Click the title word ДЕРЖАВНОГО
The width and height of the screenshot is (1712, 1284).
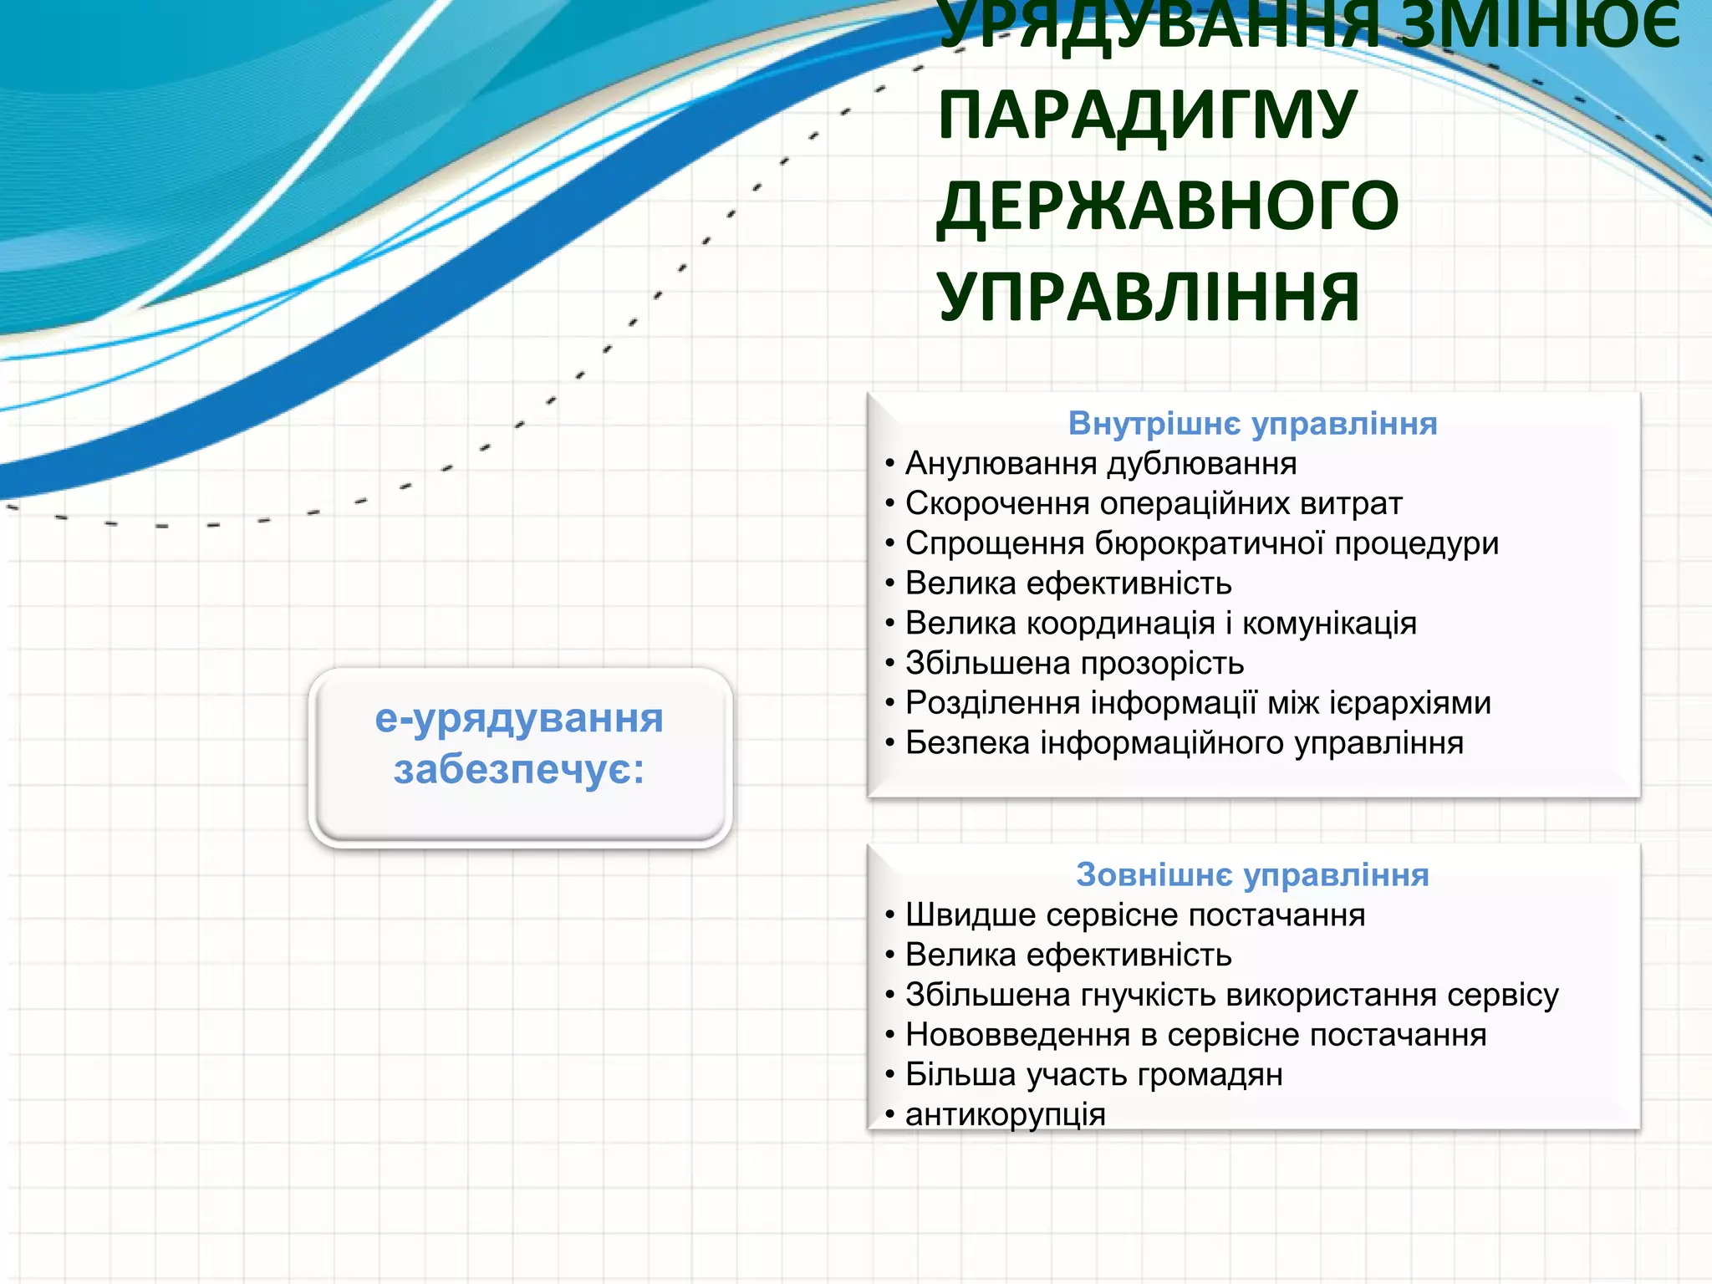click(x=1167, y=206)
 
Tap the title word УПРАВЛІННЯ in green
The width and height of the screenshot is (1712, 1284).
click(x=1149, y=298)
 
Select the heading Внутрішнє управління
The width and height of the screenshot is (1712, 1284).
click(x=1252, y=424)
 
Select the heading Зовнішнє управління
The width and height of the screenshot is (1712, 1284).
click(x=1252, y=875)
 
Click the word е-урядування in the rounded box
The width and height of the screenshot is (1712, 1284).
click(x=519, y=719)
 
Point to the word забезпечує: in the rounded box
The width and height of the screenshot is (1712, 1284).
click(x=519, y=770)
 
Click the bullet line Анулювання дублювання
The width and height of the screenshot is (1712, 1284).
click(x=1100, y=464)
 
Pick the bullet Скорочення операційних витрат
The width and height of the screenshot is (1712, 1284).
click(x=1154, y=504)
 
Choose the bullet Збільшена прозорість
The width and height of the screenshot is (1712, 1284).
click(x=1074, y=664)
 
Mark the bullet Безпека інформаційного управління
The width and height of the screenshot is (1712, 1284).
click(x=1184, y=743)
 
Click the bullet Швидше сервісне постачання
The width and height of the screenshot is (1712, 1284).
click(x=1134, y=915)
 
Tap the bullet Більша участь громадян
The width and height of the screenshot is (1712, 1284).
click(x=1093, y=1075)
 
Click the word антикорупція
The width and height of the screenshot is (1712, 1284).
click(x=1005, y=1115)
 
